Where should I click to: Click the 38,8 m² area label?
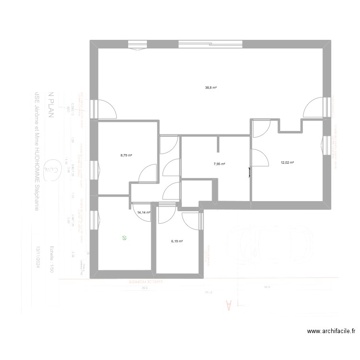[211, 88]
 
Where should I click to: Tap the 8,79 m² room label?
[126, 155]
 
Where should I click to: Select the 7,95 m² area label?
[219, 164]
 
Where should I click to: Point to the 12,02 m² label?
[287, 163]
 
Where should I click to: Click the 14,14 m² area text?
[144, 212]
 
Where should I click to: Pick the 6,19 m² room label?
[177, 241]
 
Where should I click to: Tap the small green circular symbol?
[124, 237]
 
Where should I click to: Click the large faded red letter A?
[228, 304]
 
